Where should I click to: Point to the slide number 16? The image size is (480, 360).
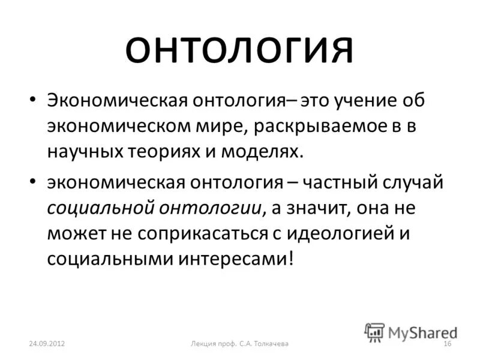point(446,343)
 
